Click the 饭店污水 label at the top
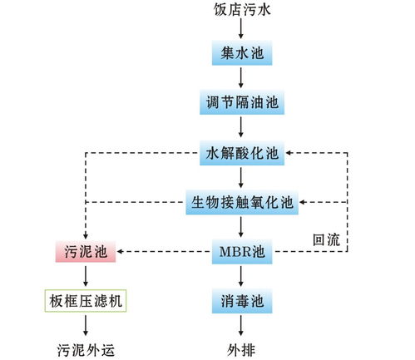point(240,10)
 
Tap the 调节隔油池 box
point(240,104)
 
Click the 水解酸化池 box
point(242,153)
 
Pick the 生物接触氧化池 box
point(240,202)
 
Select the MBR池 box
point(241,250)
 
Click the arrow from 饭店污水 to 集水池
point(240,29)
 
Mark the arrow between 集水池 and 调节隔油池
point(240,80)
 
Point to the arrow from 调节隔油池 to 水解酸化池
point(240,128)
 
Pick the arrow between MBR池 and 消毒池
point(240,275)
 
